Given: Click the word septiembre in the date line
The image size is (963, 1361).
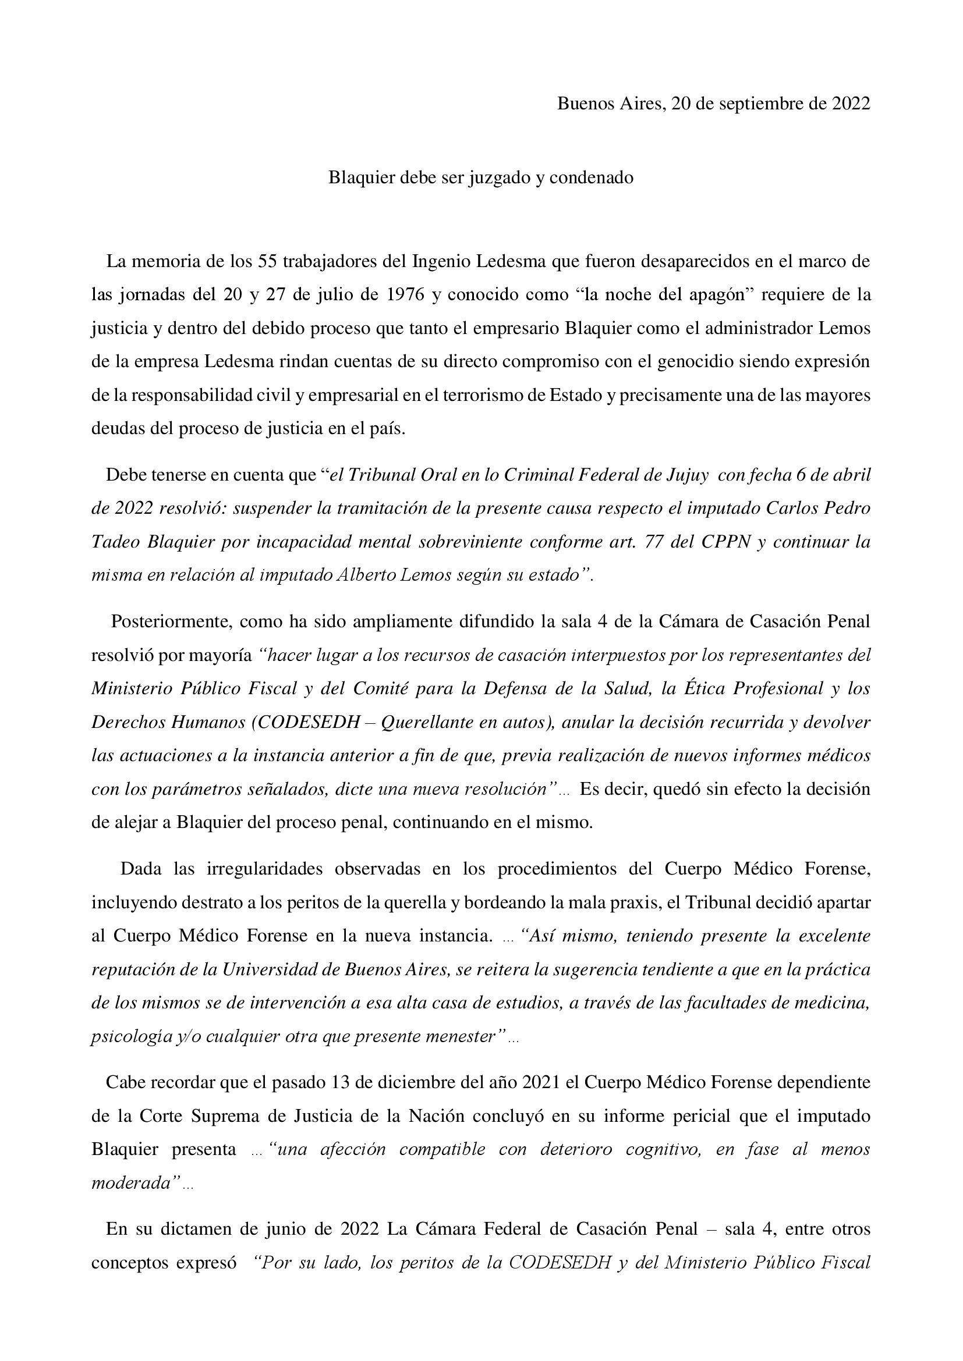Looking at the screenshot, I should pos(761,104).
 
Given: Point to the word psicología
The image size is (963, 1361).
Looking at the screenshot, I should pos(125,1037).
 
